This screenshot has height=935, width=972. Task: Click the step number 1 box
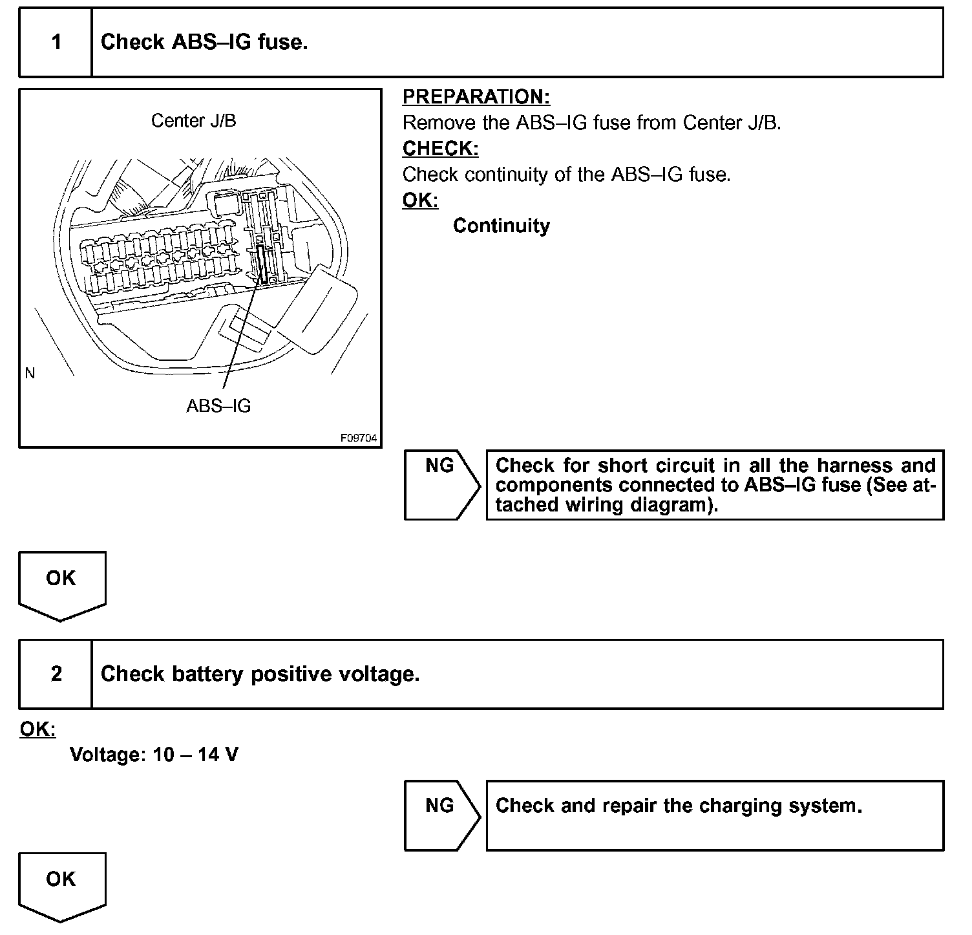click(56, 43)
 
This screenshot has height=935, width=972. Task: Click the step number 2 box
click(56, 674)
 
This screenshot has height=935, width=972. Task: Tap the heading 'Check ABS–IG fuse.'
click(204, 43)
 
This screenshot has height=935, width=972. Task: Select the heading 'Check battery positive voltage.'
click(260, 674)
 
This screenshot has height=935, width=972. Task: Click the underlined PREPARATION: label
click(476, 97)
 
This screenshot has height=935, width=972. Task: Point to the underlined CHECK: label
click(440, 149)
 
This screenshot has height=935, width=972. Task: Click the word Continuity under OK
click(501, 226)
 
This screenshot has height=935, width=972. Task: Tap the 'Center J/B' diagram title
click(193, 121)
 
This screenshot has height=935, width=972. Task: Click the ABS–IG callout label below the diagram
click(218, 406)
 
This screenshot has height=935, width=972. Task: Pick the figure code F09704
click(359, 438)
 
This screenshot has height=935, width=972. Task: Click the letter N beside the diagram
click(30, 373)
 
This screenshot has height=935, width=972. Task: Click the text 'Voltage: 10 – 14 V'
click(154, 755)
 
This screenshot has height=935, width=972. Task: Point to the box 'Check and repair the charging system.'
click(714, 815)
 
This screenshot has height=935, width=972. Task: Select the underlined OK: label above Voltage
click(37, 729)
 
